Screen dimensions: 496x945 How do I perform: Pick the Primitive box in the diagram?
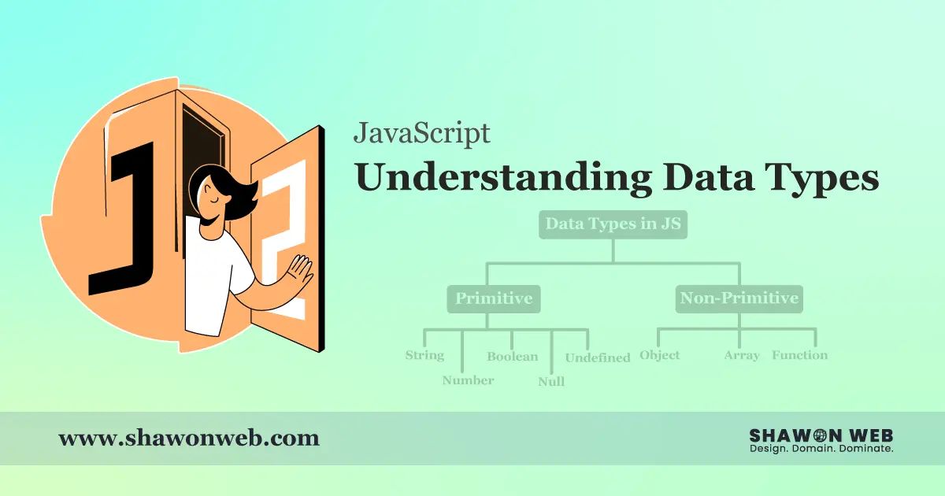point(495,298)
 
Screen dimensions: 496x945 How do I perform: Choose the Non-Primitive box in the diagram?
point(739,298)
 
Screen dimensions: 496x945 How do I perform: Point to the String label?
point(424,355)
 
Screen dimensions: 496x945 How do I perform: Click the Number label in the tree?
point(468,380)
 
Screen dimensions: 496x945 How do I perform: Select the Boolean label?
point(512,357)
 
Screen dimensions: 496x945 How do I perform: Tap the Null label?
point(551,382)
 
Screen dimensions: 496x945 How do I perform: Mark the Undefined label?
point(598,357)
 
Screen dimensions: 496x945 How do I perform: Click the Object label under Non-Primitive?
point(659,355)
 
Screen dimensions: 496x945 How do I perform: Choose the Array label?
point(742,355)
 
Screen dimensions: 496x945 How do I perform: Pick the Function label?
point(799,355)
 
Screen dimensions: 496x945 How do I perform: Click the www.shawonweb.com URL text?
point(189,438)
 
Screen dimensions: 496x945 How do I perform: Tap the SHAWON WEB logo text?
point(821,435)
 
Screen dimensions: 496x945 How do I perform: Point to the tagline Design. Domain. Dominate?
point(821,449)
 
